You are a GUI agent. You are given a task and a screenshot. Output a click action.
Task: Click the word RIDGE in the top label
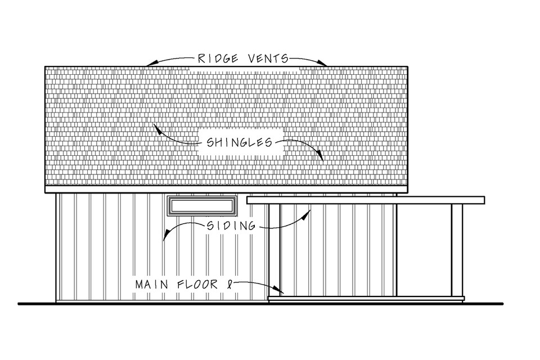tap(214, 58)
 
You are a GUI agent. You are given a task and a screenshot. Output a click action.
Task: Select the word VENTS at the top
tap(266, 58)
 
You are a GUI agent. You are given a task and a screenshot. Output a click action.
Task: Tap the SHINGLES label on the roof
tap(236, 143)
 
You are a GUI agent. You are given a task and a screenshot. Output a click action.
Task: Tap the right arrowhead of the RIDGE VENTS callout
tap(325, 65)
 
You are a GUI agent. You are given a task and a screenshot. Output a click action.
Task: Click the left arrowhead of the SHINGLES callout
tap(156, 127)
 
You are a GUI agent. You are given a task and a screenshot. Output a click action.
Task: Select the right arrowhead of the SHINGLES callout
tap(322, 159)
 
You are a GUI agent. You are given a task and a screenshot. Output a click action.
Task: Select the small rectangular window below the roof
tap(202, 206)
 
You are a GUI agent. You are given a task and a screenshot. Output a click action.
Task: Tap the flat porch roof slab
tap(366, 200)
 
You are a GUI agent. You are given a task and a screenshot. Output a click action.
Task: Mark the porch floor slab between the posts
tap(366, 299)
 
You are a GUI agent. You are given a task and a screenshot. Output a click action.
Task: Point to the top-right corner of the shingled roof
tap(407, 67)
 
